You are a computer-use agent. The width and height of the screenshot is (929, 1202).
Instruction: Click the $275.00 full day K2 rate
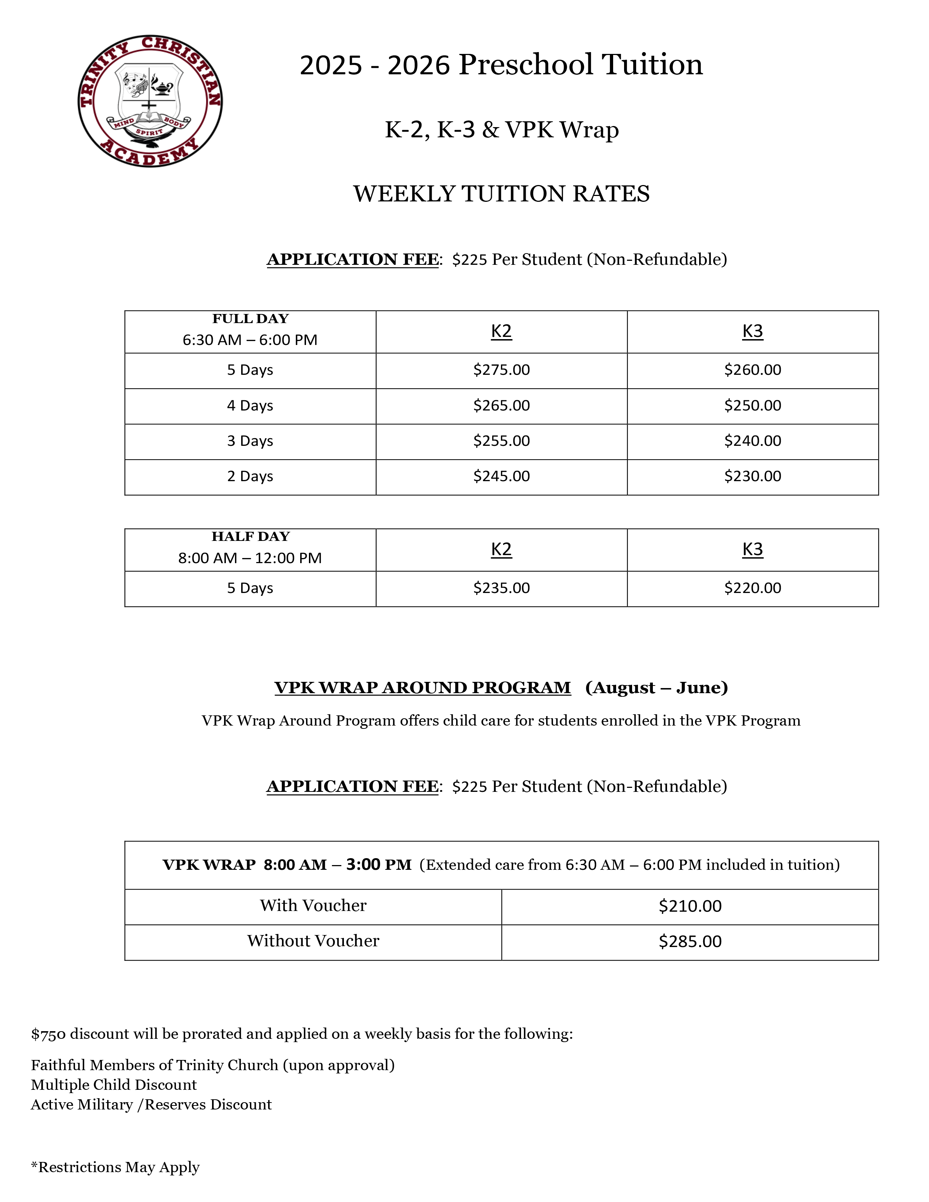501,370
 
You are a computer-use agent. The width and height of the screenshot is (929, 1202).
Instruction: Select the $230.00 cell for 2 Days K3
752,476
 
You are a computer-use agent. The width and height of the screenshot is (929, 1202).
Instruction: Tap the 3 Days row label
250,441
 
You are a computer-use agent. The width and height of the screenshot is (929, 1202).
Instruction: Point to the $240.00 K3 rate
752,441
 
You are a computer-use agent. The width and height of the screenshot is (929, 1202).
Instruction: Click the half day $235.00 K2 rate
501,588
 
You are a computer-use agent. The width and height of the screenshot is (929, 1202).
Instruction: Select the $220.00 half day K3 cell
752,588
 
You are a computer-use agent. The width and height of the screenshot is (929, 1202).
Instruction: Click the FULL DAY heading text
250,319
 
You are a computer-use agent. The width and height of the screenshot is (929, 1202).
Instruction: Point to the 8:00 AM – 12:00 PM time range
250,558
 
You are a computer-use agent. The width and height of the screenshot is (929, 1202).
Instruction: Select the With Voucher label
313,906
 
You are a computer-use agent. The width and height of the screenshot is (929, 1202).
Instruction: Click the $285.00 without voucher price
690,941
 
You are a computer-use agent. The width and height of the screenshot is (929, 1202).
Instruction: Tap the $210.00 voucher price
690,906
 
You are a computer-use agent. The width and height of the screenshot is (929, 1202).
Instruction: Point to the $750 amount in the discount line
48,1034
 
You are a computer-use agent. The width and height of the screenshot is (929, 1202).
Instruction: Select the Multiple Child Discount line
113,1085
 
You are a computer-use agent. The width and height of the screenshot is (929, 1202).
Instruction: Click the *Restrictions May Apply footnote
115,1167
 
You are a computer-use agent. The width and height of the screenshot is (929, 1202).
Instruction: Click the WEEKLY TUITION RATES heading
501,194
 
